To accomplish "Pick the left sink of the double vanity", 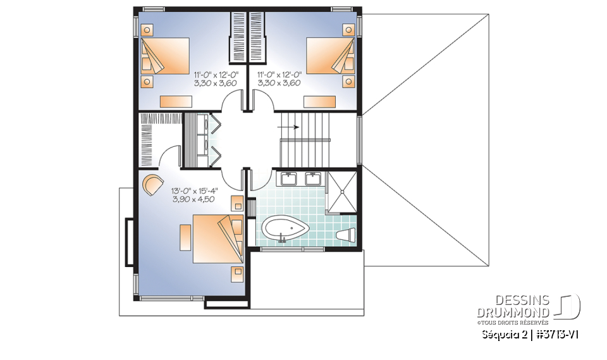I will click(x=290, y=178).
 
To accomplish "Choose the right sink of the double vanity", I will click(x=313, y=178).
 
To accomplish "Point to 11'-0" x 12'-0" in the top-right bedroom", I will click(x=279, y=74).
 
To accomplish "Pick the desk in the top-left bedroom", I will click(x=176, y=101).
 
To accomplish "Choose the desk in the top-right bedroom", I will click(x=319, y=101).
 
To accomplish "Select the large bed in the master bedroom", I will click(x=217, y=239).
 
